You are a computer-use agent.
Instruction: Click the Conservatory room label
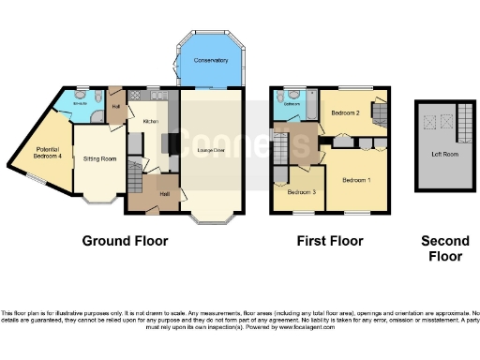pyautogui.click(x=211, y=61)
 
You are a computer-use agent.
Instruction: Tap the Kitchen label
pyautogui.click(x=150, y=122)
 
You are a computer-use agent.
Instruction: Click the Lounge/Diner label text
pyautogui.click(x=211, y=149)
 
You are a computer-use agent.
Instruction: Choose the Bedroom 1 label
pyautogui.click(x=356, y=179)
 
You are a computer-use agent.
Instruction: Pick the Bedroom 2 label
pyautogui.click(x=345, y=113)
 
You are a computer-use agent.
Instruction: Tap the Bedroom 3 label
pyautogui.click(x=302, y=192)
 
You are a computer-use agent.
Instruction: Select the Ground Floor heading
pyautogui.click(x=125, y=241)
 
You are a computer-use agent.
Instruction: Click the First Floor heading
pyautogui.click(x=329, y=241)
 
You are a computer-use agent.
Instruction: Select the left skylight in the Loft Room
pyautogui.click(x=430, y=120)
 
